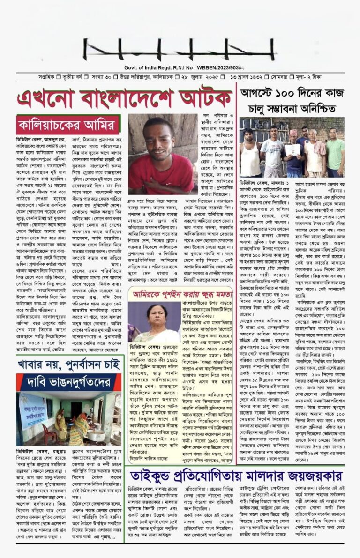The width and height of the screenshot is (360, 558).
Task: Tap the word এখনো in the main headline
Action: pyautogui.click(x=44, y=99)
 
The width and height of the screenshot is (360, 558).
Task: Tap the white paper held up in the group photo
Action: pyautogui.click(x=293, y=150)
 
